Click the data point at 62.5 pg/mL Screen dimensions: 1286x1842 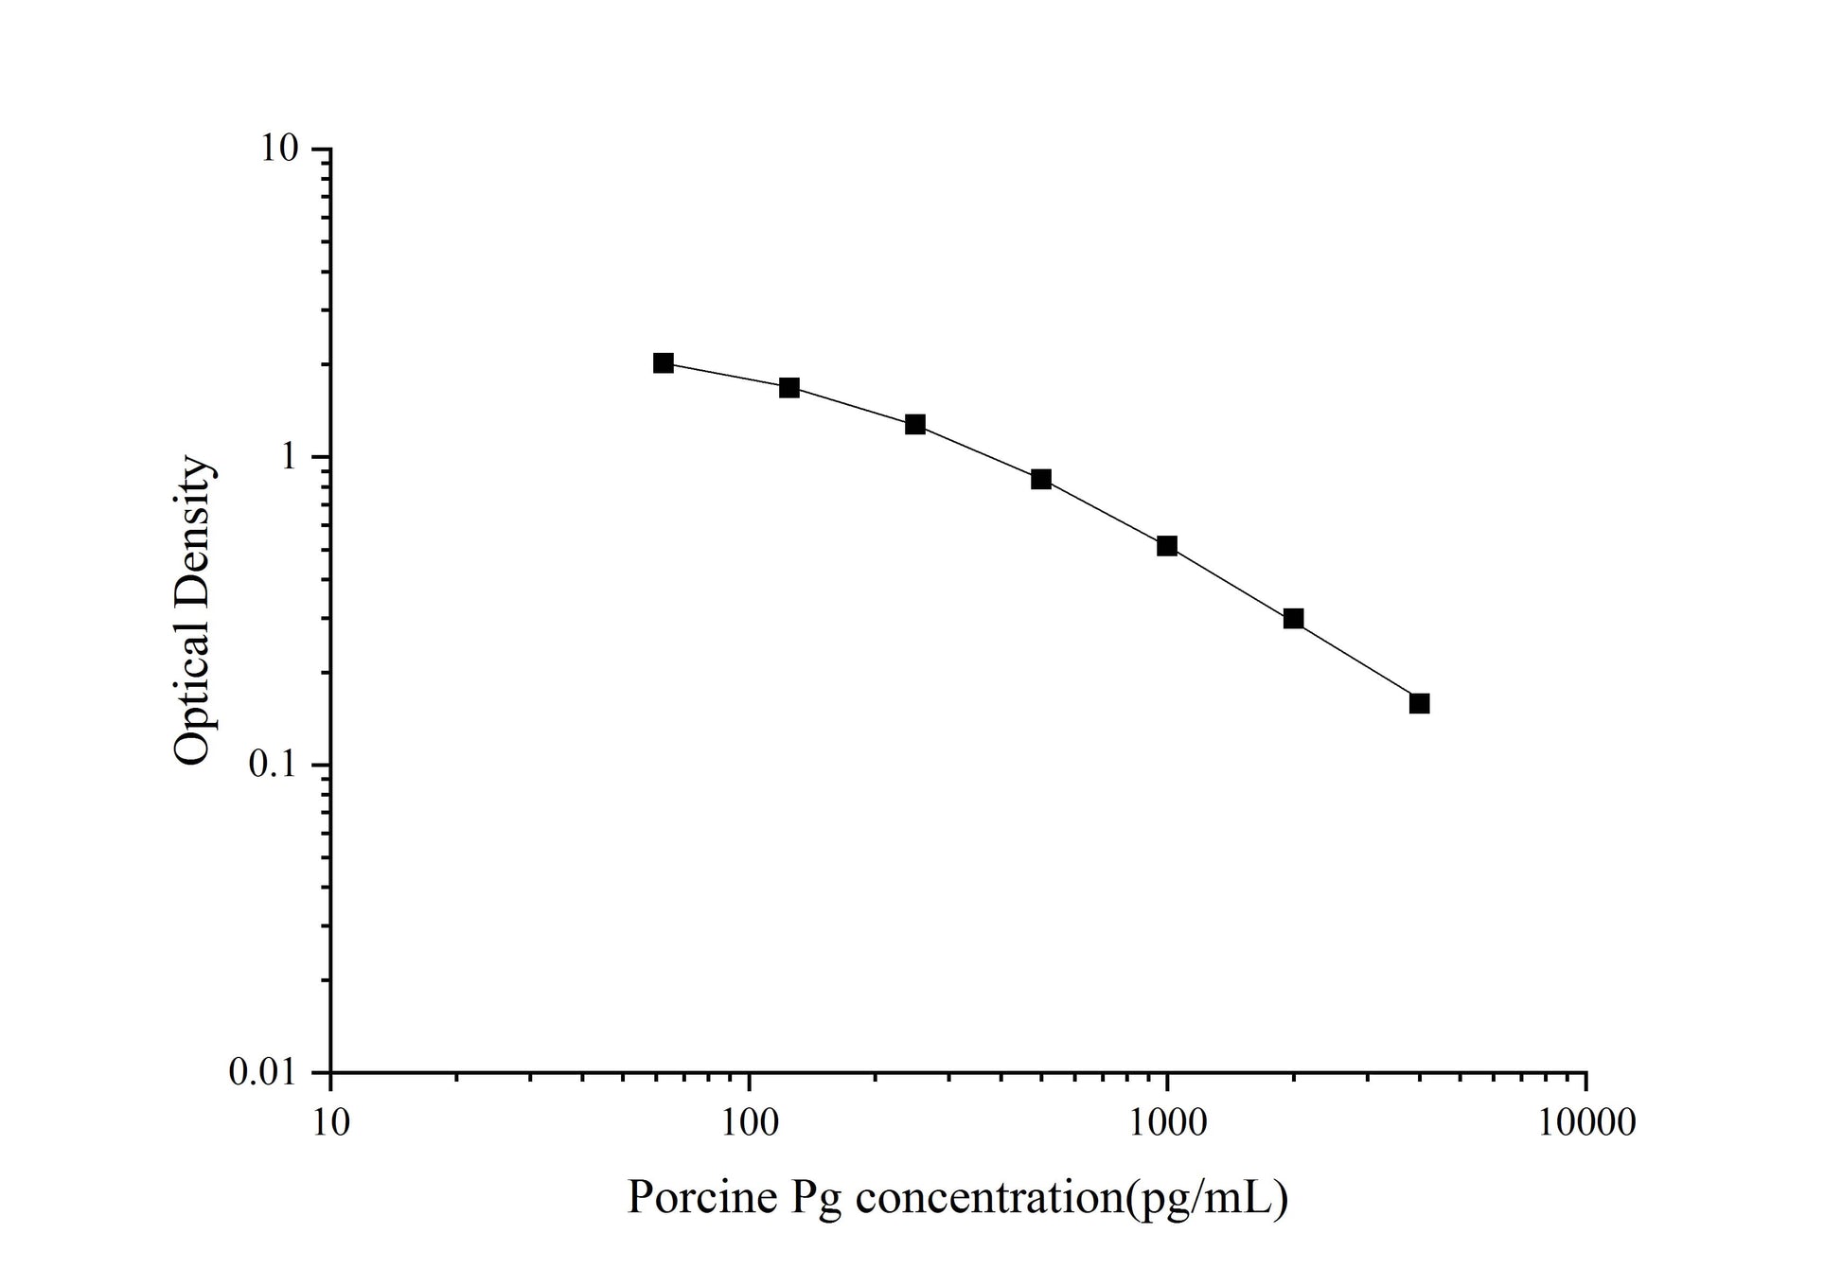coord(663,363)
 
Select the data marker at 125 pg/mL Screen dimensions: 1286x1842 coord(788,388)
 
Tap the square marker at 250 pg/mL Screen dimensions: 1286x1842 coord(914,424)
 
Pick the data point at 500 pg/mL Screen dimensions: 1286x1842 coord(1041,480)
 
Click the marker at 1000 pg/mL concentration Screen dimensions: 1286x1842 coord(1167,546)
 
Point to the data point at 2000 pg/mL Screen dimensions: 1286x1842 coord(1293,619)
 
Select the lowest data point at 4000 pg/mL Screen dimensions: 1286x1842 coord(1419,703)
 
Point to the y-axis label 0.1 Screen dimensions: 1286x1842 coord(274,765)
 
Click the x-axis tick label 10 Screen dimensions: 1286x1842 coord(330,1122)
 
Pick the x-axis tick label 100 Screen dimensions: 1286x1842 coord(749,1122)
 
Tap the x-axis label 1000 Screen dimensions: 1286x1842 coord(1167,1122)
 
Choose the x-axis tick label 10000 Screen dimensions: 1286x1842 coord(1586,1122)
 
